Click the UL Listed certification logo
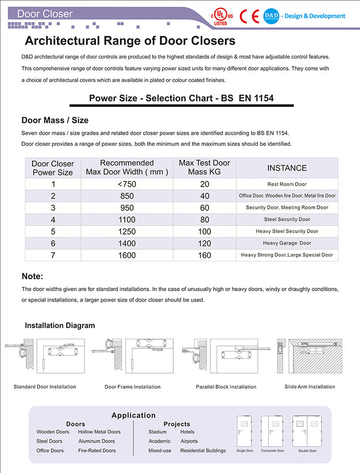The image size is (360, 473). coord(223,16)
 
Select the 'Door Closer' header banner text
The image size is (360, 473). coord(45,13)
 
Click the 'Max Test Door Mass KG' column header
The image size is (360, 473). coord(204,167)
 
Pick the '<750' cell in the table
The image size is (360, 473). coord(127,184)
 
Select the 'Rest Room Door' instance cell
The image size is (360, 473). coord(287,184)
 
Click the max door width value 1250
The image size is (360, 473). coord(127,231)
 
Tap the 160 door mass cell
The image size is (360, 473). coord(204,255)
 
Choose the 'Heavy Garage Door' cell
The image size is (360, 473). coord(287,243)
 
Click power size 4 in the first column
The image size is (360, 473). coord(53,220)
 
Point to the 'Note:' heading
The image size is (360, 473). coord(33,276)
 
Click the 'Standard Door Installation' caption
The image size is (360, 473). coord(45,387)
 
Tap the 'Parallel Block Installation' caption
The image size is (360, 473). coord(226,387)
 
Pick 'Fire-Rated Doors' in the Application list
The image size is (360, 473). coord(97,450)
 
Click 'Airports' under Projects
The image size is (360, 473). coord(189,441)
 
